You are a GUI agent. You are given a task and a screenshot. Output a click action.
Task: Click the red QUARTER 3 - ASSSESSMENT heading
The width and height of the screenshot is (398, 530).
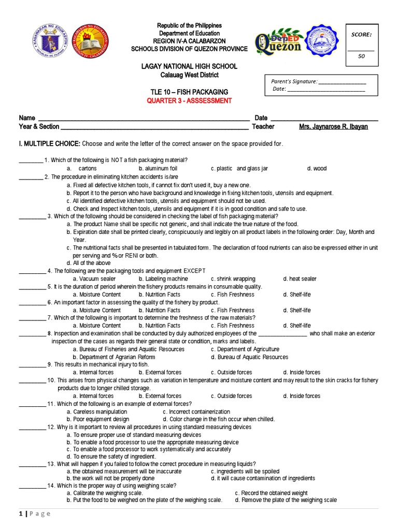click(x=191, y=100)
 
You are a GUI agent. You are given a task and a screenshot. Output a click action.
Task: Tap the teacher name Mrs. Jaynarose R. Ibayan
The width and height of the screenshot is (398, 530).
click(x=333, y=126)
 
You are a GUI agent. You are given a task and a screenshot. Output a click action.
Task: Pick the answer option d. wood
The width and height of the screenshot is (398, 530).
click(x=317, y=169)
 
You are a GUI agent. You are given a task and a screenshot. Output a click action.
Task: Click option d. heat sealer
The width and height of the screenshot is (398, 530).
click(x=300, y=279)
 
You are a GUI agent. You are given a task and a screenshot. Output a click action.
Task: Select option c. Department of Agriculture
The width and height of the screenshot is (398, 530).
click(x=245, y=349)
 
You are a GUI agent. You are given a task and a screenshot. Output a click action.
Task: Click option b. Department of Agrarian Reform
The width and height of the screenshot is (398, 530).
click(x=113, y=357)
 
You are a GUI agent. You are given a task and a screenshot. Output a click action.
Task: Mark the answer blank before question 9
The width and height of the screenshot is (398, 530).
click(x=33, y=365)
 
